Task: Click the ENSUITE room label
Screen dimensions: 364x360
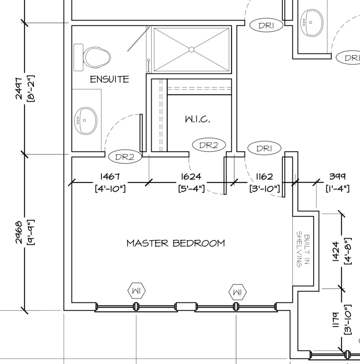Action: [x=109, y=79]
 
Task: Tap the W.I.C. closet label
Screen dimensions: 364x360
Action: [x=197, y=119]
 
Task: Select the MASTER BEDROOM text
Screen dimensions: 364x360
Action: [x=176, y=243]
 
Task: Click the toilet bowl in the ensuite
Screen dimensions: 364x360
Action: [x=97, y=57]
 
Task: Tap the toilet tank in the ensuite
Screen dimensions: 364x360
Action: [x=78, y=57]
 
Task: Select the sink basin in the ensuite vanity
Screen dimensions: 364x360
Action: [x=87, y=121]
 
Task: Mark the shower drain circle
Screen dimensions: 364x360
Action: [x=191, y=49]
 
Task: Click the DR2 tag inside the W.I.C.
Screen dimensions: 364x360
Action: [x=208, y=145]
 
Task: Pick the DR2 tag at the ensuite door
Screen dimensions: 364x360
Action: [x=125, y=157]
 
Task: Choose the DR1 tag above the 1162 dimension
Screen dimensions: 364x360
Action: [x=264, y=149]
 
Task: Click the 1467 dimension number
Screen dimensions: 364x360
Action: [x=110, y=177]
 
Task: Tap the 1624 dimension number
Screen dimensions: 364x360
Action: [x=191, y=177]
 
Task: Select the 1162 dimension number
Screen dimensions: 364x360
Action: [x=264, y=177]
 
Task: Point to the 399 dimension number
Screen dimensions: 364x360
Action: [x=337, y=176]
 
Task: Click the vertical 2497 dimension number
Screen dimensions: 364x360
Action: [x=18, y=88]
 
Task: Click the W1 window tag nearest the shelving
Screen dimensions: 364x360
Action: [x=238, y=292]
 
